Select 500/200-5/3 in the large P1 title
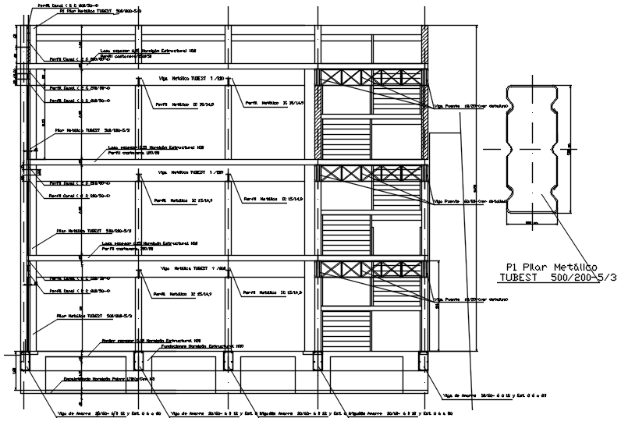click(577, 278)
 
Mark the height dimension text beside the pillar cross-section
click(570, 151)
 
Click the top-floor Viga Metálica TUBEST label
click(191, 79)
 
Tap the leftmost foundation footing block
click(25, 361)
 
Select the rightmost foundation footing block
click(424, 361)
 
